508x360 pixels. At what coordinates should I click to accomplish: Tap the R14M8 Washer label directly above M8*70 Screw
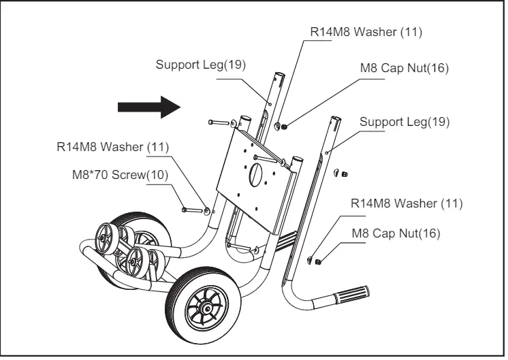pyautogui.click(x=112, y=146)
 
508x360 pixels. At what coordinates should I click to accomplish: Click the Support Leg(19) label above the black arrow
pyautogui.click(x=200, y=65)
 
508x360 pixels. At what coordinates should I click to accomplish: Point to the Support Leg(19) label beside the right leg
pyautogui.click(x=404, y=122)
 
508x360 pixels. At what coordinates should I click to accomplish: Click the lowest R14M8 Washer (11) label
pyautogui.click(x=407, y=203)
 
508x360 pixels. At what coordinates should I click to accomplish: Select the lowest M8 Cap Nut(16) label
pyautogui.click(x=396, y=233)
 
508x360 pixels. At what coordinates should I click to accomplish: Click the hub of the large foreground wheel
pyautogui.click(x=206, y=308)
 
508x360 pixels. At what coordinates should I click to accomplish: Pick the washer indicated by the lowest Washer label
pyautogui.click(x=310, y=259)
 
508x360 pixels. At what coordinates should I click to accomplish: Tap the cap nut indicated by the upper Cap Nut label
pyautogui.click(x=284, y=126)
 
